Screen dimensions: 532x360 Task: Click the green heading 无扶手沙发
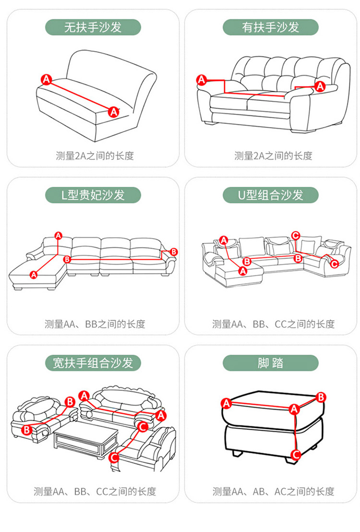pos(93,27)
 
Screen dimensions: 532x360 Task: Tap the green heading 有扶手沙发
pos(270,27)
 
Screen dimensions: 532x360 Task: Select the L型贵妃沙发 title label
pos(93,195)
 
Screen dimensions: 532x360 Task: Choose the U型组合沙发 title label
pos(270,195)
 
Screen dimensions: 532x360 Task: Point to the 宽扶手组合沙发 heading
pos(93,363)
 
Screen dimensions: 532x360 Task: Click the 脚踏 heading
pos(270,363)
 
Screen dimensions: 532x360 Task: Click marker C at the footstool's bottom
pos(296,454)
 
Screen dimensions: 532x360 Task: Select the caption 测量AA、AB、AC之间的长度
pos(273,491)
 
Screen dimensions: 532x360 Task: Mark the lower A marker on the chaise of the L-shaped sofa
pos(34,275)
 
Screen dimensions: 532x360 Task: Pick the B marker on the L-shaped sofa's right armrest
pos(174,252)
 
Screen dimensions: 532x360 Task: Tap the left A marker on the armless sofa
pos(46,80)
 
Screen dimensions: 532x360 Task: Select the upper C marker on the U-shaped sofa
pos(296,235)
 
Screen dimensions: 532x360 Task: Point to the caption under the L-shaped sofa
pos(95,324)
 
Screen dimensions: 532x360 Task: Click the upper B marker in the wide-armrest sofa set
pos(70,401)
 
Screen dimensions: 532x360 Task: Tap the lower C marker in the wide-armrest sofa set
pos(114,457)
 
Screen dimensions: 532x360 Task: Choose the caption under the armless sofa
pos(95,156)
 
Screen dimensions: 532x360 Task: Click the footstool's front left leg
pos(236,453)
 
